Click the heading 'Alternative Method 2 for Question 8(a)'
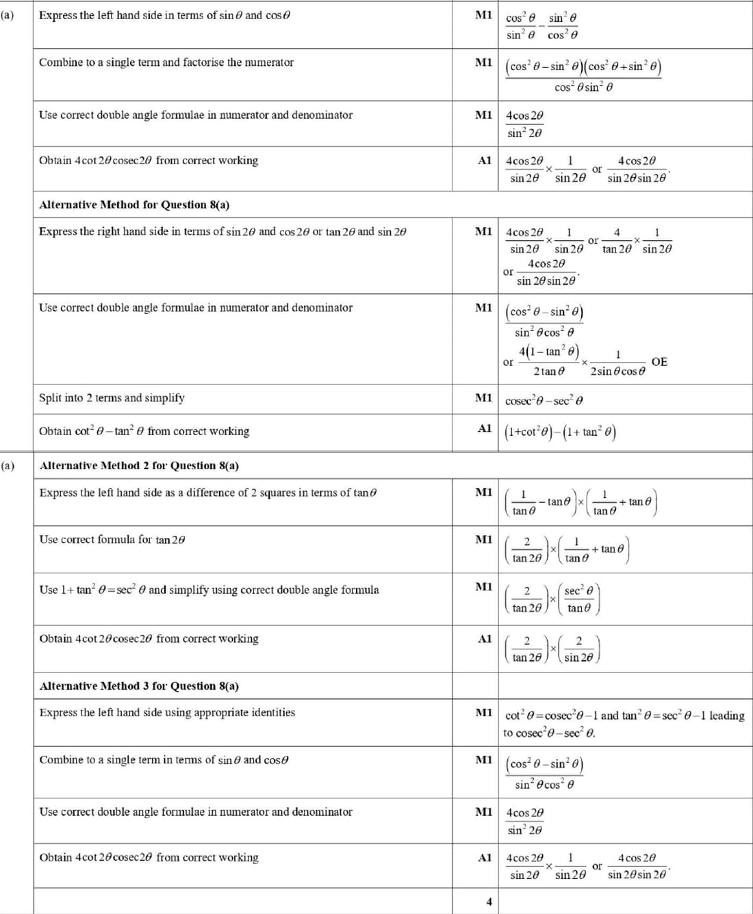139,466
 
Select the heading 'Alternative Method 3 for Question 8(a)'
139,686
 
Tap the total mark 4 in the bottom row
489,902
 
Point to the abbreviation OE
659,362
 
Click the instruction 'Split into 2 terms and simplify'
112,398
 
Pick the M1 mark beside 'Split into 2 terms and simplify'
483,398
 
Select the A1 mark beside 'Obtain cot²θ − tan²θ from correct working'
484,429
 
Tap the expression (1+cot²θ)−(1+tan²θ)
560,432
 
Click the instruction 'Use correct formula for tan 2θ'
112,540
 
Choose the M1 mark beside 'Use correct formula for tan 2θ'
483,540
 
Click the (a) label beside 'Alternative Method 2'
8,466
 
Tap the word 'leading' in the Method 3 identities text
726,716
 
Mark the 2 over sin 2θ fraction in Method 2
579,649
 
